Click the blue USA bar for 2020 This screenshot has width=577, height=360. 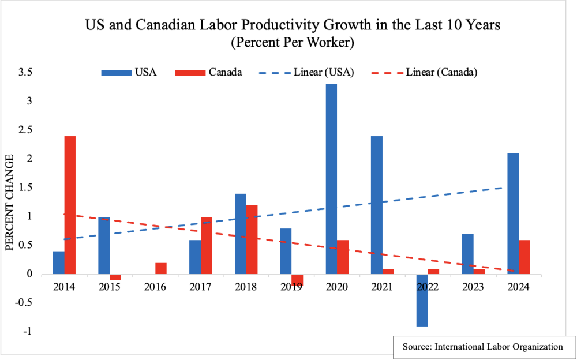pyautogui.click(x=331, y=179)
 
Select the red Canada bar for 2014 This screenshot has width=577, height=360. pyautogui.click(x=70, y=205)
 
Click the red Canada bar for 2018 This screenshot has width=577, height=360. pyautogui.click(x=252, y=239)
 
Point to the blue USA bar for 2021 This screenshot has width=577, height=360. pyautogui.click(x=376, y=205)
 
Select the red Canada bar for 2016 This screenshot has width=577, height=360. pyautogui.click(x=161, y=268)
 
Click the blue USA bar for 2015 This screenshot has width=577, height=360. pyautogui.click(x=104, y=245)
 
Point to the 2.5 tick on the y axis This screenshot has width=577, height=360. pyautogui.click(x=25, y=130)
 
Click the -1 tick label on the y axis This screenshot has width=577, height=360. pyautogui.click(x=26, y=332)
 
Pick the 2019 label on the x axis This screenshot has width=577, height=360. pyautogui.click(x=291, y=286)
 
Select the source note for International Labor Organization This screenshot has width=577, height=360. pyautogui.click(x=484, y=347)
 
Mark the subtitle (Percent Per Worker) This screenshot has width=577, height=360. pyautogui.click(x=288, y=42)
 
